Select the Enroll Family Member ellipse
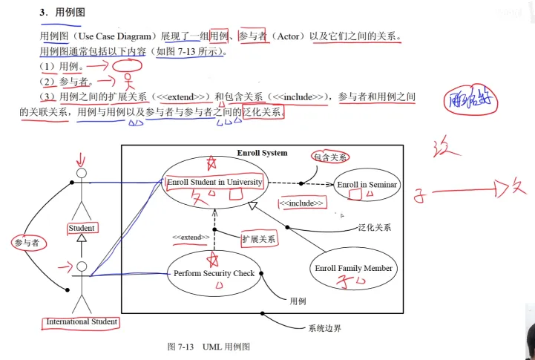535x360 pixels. [x=353, y=268]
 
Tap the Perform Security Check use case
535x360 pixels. [x=214, y=273]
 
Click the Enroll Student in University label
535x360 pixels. [x=214, y=182]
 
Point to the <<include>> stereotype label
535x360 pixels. [x=301, y=203]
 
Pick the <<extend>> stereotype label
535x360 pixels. [x=188, y=237]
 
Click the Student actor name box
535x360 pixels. [x=82, y=228]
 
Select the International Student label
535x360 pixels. [x=82, y=321]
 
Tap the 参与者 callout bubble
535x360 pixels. [x=27, y=242]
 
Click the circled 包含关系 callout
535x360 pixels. [x=330, y=157]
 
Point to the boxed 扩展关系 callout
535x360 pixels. [x=259, y=239]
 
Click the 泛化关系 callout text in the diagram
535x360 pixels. [x=374, y=228]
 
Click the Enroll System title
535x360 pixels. [x=262, y=153]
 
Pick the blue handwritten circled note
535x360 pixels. [x=467, y=102]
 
